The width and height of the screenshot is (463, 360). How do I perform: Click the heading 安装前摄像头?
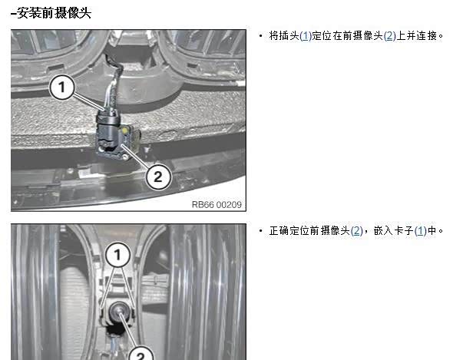pyautogui.click(x=54, y=13)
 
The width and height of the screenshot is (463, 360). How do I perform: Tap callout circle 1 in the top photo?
pyautogui.click(x=61, y=87)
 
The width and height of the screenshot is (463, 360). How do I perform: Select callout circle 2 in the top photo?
pyautogui.click(x=158, y=177)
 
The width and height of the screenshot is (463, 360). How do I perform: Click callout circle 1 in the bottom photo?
pyautogui.click(x=117, y=254)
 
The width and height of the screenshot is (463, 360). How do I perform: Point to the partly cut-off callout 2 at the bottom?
pyautogui.click(x=141, y=353)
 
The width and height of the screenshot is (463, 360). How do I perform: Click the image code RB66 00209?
pyautogui.click(x=217, y=204)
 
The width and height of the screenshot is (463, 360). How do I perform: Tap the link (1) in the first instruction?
pyautogui.click(x=306, y=36)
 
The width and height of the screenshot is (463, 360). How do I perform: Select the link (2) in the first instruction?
pyautogui.click(x=390, y=36)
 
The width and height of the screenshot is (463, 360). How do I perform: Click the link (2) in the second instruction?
pyautogui.click(x=356, y=231)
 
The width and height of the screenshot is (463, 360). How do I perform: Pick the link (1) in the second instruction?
pyautogui.click(x=421, y=231)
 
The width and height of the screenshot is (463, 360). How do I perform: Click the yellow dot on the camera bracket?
pyautogui.click(x=125, y=130)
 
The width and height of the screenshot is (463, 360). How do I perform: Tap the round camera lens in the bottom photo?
pyautogui.click(x=117, y=311)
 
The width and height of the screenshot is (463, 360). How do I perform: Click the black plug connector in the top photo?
pyautogui.click(x=108, y=128)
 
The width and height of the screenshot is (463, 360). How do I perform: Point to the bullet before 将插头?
pyautogui.click(x=260, y=36)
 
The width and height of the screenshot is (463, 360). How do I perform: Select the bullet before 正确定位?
pyautogui.click(x=260, y=231)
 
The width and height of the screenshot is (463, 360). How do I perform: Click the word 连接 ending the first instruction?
pyautogui.click(x=427, y=36)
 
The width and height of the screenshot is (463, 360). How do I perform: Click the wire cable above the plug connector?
pyautogui.click(x=114, y=83)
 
